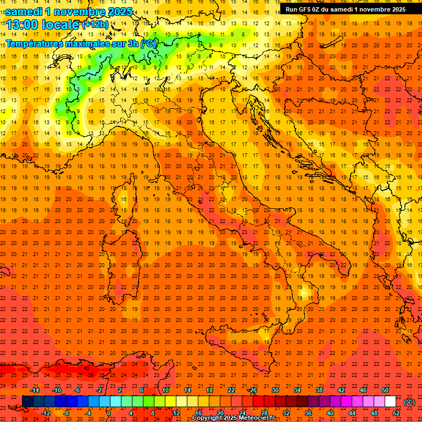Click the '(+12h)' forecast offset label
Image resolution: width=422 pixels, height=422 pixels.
click(95, 25)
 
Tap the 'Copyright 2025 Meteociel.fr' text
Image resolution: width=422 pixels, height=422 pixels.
click(233, 418)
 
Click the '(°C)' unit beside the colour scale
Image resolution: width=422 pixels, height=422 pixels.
click(409, 402)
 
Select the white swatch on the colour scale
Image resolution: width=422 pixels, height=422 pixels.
click(390, 402)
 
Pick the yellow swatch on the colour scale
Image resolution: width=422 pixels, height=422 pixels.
click(170, 402)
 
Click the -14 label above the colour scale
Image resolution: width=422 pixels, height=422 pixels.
click(35, 390)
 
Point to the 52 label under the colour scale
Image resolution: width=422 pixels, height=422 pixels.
click(396, 413)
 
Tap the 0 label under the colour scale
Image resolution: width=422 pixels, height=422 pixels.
click(109, 413)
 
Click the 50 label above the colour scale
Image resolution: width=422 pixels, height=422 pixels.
click(385, 390)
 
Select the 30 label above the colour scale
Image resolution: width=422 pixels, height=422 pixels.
click(275, 390)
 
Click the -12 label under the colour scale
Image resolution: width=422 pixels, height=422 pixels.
click(46, 413)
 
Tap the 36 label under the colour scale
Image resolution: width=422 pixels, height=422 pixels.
click(308, 413)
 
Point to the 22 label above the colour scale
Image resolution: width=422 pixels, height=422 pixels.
click(231, 390)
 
